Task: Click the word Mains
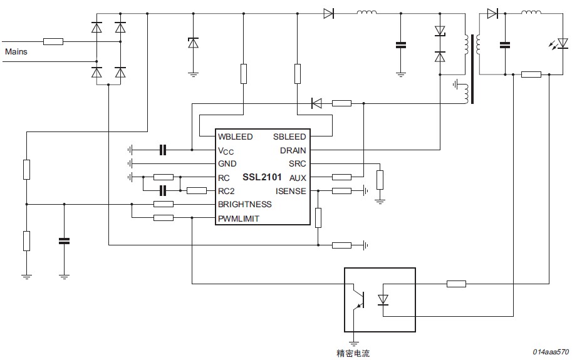(16, 51)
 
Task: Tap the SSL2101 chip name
(262, 177)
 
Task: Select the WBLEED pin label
(236, 136)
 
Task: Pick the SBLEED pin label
(289, 136)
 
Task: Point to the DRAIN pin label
(293, 150)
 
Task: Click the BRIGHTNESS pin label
(245, 204)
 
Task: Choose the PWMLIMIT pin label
(239, 219)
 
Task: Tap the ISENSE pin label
(291, 192)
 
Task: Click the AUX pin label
(298, 178)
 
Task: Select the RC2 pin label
(226, 192)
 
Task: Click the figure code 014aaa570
(551, 352)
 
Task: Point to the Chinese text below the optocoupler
(353, 353)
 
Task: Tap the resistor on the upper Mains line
(53, 41)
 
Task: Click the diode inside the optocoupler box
(383, 299)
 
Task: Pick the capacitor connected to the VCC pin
(163, 150)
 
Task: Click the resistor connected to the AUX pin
(342, 177)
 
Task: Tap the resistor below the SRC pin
(380, 180)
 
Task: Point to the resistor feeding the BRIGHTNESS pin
(164, 204)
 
